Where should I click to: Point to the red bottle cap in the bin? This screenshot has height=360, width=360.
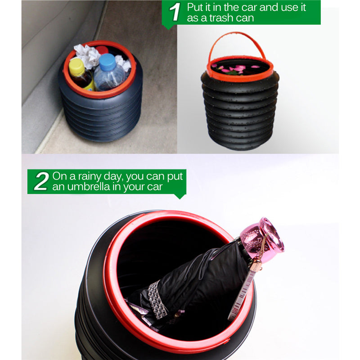pos(102,50)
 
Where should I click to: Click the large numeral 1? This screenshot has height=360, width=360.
pos(175,12)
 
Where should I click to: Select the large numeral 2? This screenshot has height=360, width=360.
pos(41,181)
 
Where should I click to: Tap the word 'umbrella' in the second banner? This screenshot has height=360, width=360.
pos(89,187)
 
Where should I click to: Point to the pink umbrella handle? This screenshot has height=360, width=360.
pos(262,239)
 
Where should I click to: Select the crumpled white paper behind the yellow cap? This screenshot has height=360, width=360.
pos(87,55)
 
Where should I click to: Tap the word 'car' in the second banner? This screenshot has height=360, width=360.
pos(155,187)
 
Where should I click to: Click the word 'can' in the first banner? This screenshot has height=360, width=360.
pos(245,18)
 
